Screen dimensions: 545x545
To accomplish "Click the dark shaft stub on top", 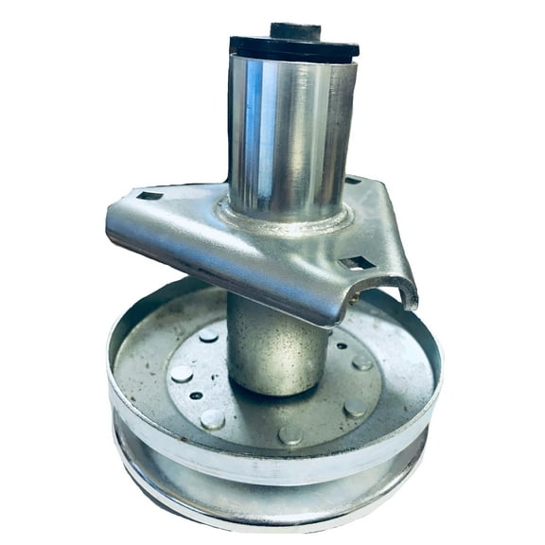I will (295, 30).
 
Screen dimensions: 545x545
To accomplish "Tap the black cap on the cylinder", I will (293, 47).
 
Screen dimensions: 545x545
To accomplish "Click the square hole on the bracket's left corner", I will (149, 196).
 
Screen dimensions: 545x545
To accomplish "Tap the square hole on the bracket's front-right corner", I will (358, 263).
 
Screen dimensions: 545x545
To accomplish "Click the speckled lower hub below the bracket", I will (274, 350).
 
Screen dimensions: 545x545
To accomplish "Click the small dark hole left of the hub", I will (195, 396).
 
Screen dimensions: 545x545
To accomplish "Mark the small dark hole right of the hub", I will (341, 345).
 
